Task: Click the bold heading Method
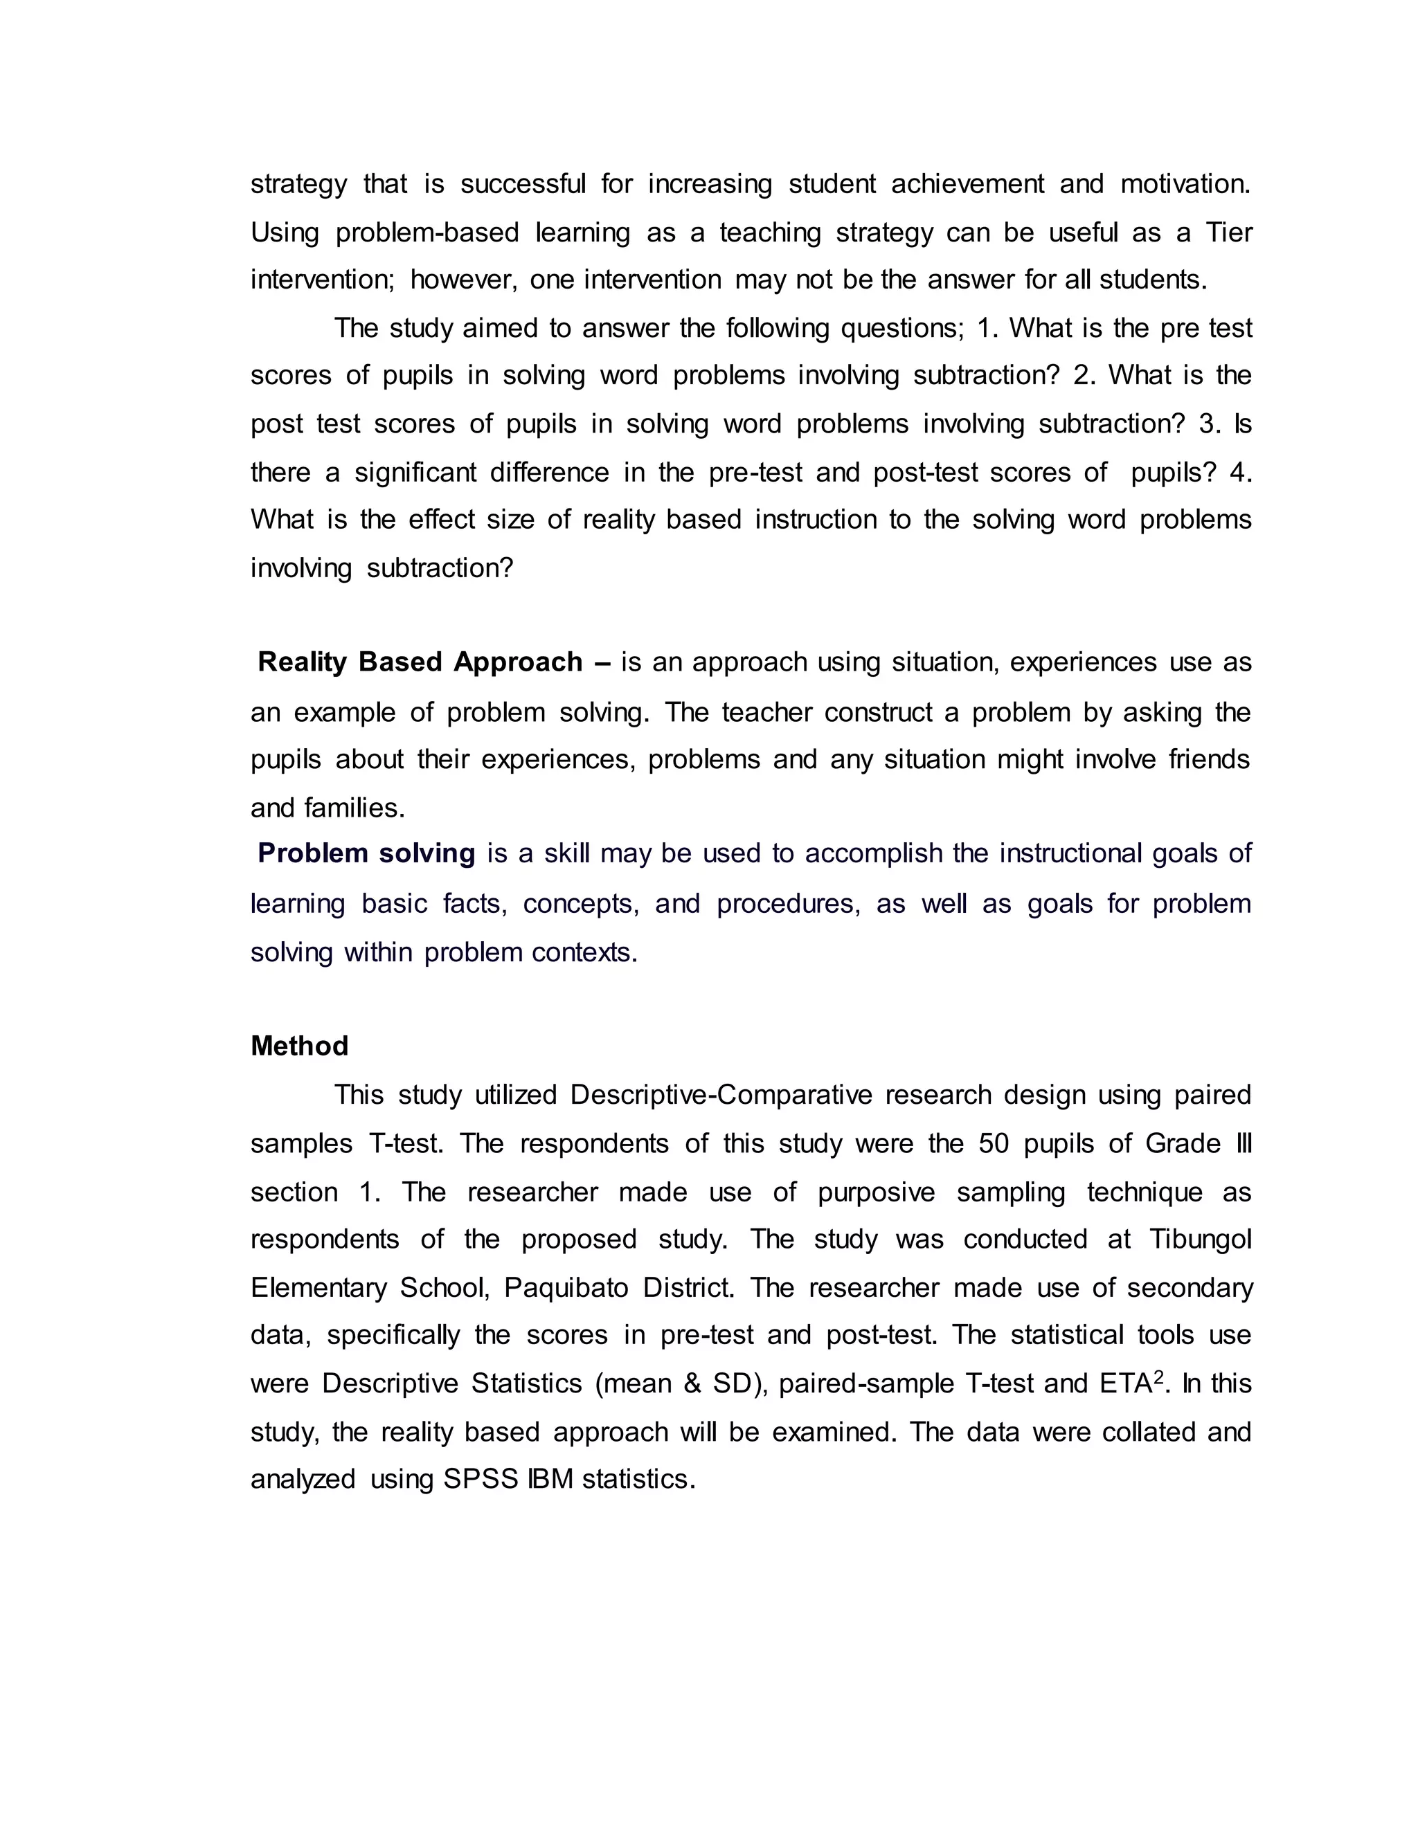pyautogui.click(x=299, y=1046)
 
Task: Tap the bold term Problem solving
pyautogui.click(x=366, y=854)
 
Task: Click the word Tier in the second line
pyautogui.click(x=1228, y=233)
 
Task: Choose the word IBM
pyautogui.click(x=550, y=1480)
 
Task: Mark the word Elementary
pyautogui.click(x=318, y=1288)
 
